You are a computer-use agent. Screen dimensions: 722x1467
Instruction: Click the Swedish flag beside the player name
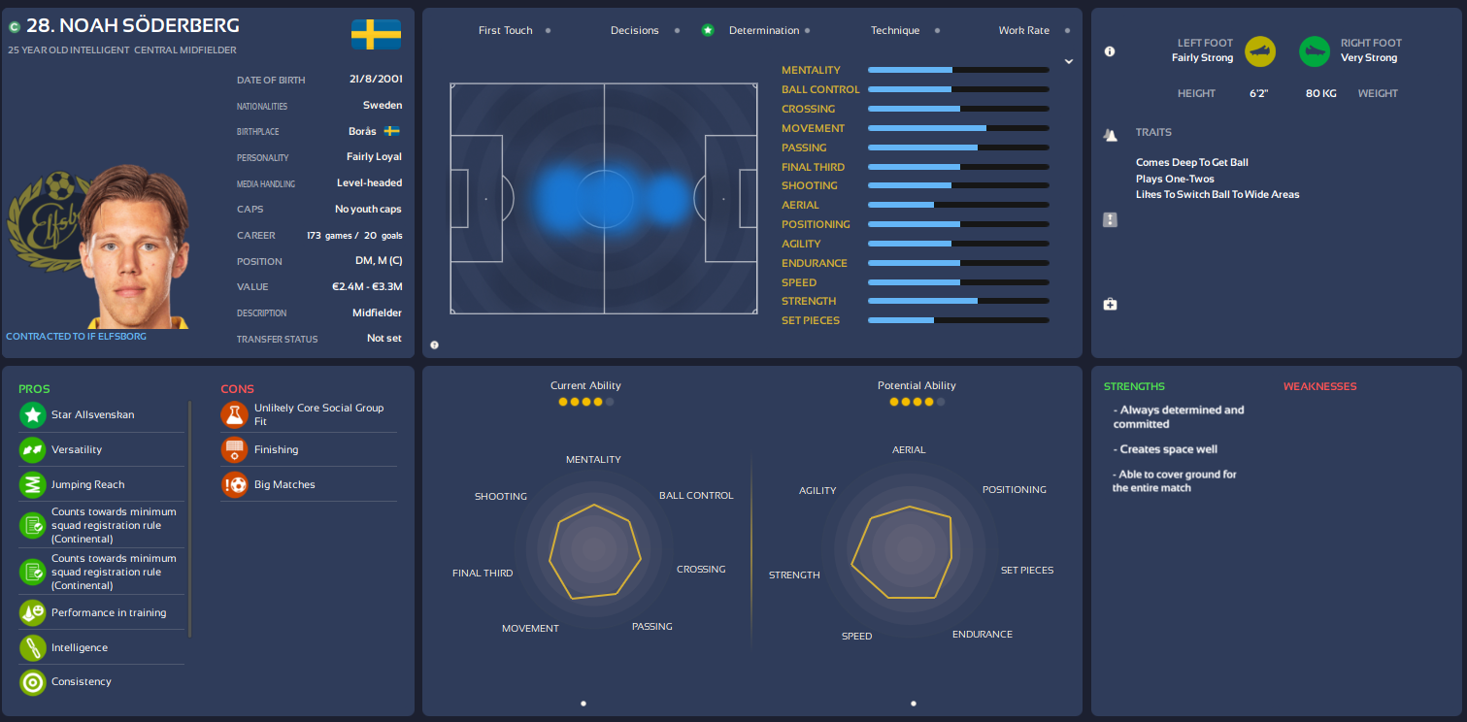[x=376, y=35]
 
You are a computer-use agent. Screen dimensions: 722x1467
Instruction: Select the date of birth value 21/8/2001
[x=376, y=80]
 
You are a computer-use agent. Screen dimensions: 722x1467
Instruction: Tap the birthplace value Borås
[x=363, y=131]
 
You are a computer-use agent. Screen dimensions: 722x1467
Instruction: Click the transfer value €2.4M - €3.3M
[x=366, y=287]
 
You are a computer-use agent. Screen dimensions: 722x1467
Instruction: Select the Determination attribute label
[x=764, y=31]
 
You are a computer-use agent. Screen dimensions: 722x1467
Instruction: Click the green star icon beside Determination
[x=708, y=31]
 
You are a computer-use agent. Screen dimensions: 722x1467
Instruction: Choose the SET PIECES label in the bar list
[x=811, y=320]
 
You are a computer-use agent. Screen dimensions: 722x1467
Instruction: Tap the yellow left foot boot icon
[x=1260, y=51]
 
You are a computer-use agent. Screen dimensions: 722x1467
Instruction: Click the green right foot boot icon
[x=1315, y=51]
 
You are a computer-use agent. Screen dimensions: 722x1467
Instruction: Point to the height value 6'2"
[x=1258, y=94]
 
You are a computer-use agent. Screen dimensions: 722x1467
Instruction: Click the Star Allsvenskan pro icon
[x=33, y=415]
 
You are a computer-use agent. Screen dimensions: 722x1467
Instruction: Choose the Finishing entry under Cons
[x=276, y=450]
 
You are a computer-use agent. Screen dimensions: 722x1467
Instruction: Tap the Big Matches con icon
[x=234, y=485]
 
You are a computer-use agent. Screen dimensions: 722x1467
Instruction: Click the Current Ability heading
[x=585, y=386]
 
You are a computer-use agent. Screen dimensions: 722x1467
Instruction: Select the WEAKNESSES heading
[x=1319, y=387]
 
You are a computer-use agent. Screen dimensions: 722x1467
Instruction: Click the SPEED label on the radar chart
[x=856, y=637]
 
